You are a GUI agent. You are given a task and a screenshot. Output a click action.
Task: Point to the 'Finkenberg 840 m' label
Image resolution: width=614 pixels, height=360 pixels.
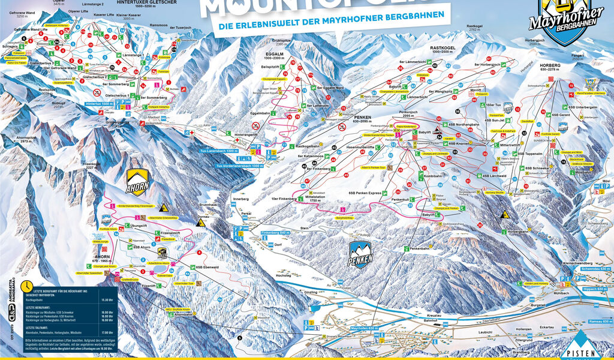276,232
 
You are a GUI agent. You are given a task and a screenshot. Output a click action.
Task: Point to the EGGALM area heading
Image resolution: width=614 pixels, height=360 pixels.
274,54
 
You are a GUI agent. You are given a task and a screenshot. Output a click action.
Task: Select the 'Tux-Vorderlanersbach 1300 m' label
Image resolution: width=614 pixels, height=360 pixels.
239,166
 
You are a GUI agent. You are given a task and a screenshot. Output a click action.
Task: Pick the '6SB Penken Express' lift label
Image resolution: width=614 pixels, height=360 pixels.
365,193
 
